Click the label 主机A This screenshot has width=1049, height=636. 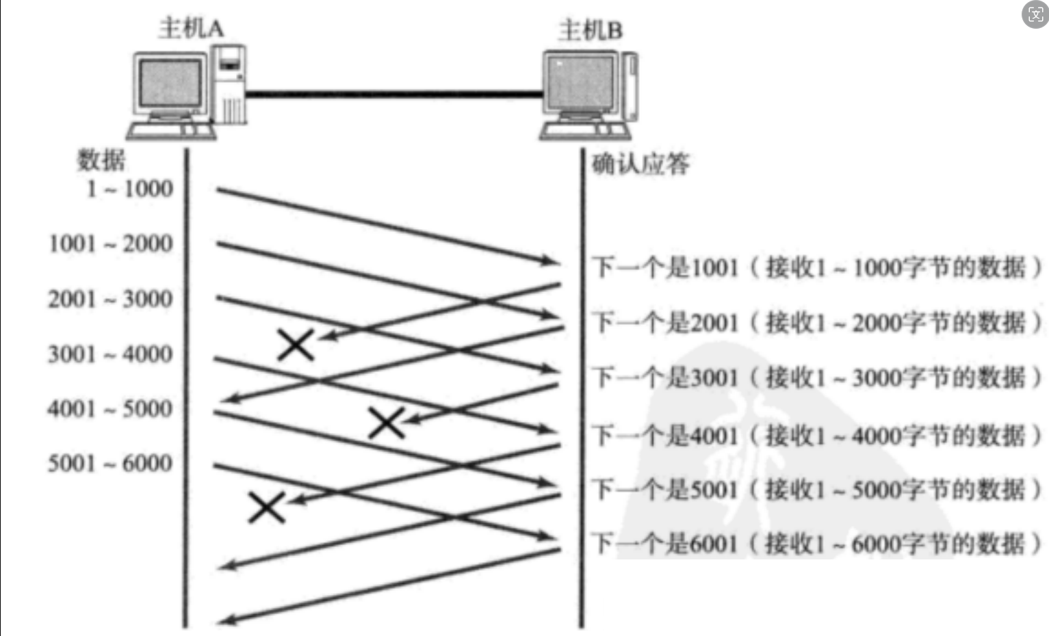[191, 28]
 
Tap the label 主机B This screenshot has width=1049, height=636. [590, 30]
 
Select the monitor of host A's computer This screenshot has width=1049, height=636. [170, 85]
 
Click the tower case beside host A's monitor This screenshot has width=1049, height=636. [230, 85]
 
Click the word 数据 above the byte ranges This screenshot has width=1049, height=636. [101, 160]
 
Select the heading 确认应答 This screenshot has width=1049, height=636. [640, 164]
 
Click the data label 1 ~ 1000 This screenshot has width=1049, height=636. [130, 189]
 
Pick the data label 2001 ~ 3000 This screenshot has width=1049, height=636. [110, 299]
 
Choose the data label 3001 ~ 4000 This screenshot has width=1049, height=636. [110, 354]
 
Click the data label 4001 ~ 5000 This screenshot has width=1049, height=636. [110, 409]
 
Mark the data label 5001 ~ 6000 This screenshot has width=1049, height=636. [110, 464]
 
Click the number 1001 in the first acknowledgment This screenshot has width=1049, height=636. [714, 267]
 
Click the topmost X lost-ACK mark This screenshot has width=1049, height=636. [296, 345]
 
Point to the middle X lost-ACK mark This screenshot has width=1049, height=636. [387, 423]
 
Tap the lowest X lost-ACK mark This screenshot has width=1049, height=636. [266, 508]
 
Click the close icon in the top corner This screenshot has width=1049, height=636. [1035, 14]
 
